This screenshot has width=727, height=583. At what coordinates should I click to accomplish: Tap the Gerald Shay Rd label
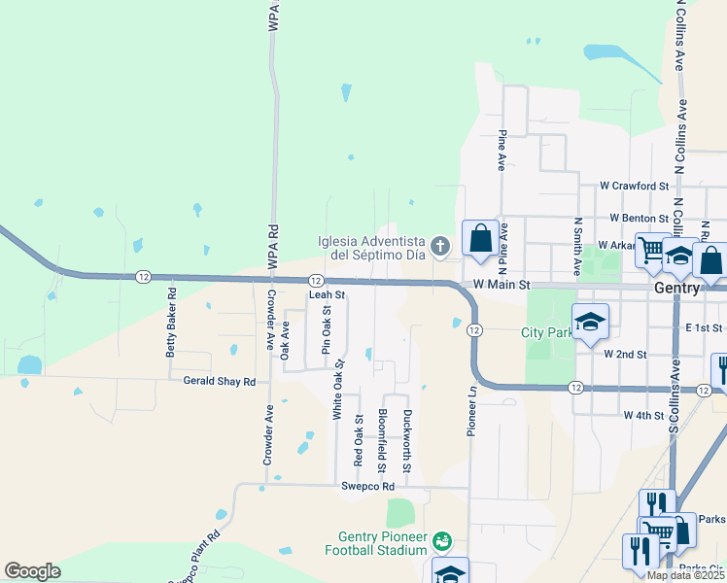[219, 382]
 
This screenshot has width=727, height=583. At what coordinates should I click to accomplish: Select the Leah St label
[327, 293]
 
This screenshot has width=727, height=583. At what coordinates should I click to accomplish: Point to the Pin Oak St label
[328, 331]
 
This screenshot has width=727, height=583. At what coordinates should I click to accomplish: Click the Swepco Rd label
[367, 486]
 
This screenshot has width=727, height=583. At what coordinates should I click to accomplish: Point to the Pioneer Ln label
[472, 410]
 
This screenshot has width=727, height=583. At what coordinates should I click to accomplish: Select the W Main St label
[502, 286]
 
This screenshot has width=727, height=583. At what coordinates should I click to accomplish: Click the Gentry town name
[677, 289]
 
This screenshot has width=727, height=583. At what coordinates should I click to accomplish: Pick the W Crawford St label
[635, 185]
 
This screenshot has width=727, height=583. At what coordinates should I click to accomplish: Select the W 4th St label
[643, 415]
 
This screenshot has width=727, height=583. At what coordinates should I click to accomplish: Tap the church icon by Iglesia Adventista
[440, 247]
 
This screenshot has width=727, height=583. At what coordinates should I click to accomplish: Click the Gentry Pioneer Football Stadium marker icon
[442, 539]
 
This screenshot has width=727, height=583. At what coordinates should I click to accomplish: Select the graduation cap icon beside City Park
[589, 323]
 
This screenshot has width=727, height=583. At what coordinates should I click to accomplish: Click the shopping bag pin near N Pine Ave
[480, 238]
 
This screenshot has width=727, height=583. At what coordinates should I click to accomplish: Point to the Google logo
[33, 571]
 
